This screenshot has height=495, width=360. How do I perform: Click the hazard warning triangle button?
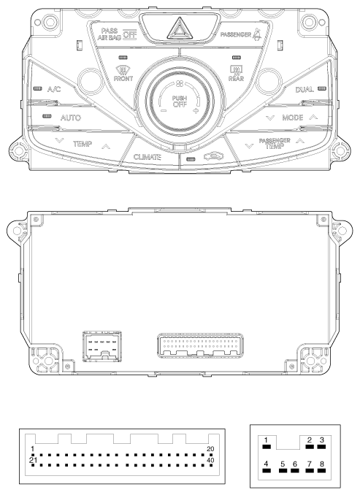click(x=180, y=28)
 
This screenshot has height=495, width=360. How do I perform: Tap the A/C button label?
click(x=54, y=89)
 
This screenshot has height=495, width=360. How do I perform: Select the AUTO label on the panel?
click(x=70, y=118)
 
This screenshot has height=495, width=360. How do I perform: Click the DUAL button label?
click(x=305, y=90)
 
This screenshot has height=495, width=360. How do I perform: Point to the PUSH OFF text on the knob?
click(x=180, y=101)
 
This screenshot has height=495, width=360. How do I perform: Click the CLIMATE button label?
click(x=148, y=157)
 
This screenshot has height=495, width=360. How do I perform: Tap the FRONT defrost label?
click(x=123, y=79)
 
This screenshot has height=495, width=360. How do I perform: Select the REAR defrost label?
click(x=236, y=79)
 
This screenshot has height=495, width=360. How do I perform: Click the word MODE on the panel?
click(x=292, y=118)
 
